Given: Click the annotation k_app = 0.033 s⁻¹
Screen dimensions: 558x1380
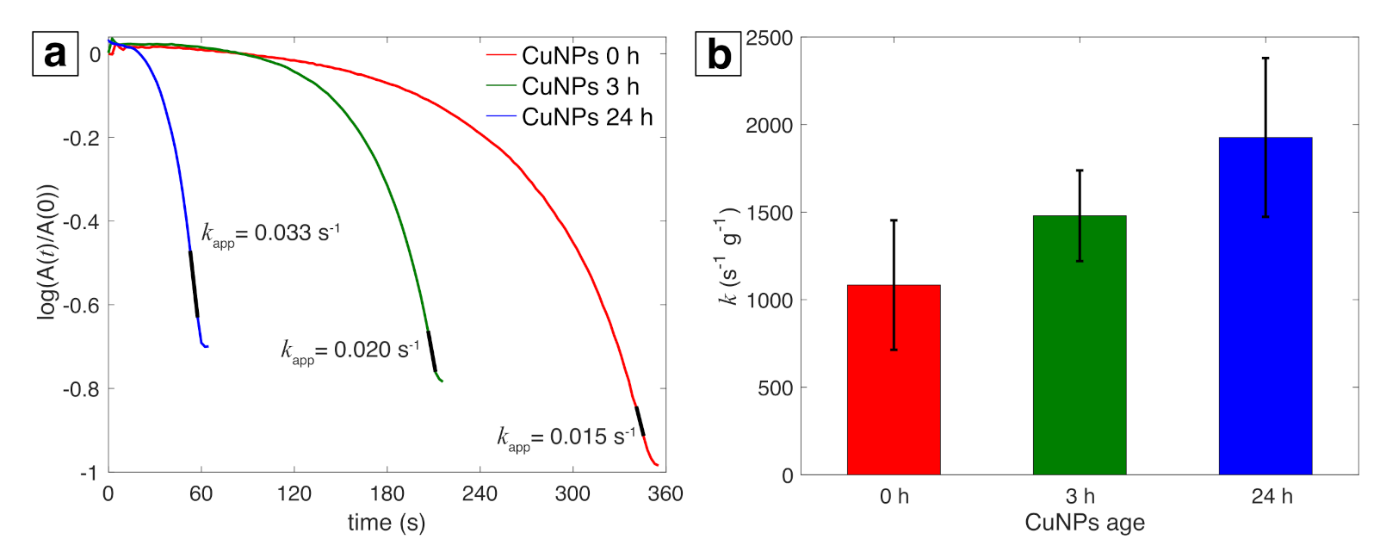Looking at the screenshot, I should pyautogui.click(x=270, y=233).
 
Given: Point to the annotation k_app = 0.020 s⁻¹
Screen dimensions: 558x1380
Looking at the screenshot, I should pyautogui.click(x=350, y=350).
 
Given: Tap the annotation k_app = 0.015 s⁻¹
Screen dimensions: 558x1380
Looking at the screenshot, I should pyautogui.click(x=566, y=437).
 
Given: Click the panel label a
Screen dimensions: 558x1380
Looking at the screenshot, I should pyautogui.click(x=55, y=53).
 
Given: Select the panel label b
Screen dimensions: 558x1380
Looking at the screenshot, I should pyautogui.click(x=718, y=55).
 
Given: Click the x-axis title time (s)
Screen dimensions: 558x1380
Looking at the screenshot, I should pyautogui.click(x=387, y=523).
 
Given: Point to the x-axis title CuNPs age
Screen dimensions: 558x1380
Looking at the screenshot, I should pyautogui.click(x=1085, y=523).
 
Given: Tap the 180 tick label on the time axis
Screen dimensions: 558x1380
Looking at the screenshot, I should pyautogui.click(x=387, y=493).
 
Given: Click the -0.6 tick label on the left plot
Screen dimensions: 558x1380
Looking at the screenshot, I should pyautogui.click(x=82, y=306).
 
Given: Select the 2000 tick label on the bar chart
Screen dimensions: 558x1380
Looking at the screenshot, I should pyautogui.click(x=769, y=126).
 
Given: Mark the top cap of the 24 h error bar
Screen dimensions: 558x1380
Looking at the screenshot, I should pyautogui.click(x=1266, y=59).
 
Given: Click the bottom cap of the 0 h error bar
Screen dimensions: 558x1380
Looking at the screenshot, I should pyautogui.click(x=894, y=350).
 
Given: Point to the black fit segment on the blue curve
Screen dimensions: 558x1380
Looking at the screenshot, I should pyautogui.click(x=194, y=284).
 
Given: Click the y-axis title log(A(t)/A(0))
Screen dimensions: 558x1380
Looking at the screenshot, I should pyautogui.click(x=47, y=251).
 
